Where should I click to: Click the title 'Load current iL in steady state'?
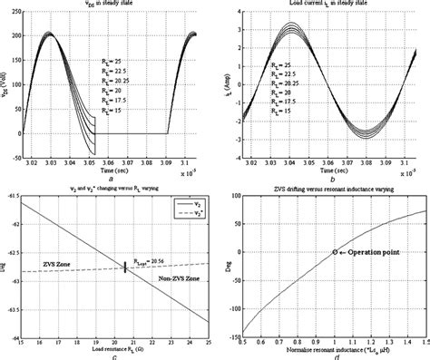[x=324, y=6]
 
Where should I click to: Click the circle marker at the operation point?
[x=334, y=251]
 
